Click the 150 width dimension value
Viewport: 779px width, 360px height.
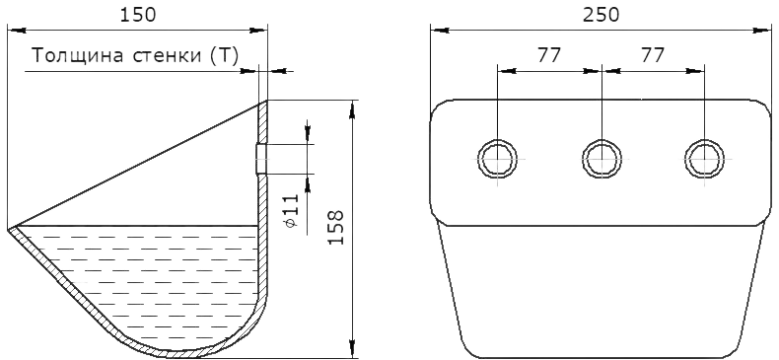(138, 15)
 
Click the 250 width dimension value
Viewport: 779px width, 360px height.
(602, 15)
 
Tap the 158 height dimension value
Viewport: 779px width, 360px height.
(336, 227)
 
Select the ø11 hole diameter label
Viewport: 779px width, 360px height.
(292, 211)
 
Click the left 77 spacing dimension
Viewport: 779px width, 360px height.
(548, 55)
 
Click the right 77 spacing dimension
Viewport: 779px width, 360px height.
(653, 55)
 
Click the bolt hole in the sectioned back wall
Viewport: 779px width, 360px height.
(262, 159)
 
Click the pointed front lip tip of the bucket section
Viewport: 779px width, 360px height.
(9, 229)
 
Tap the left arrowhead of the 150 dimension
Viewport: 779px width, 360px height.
(17, 31)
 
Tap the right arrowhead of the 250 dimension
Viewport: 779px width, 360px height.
(762, 31)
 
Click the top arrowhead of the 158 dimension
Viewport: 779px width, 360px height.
(352, 109)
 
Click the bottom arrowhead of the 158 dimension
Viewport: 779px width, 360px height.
(352, 348)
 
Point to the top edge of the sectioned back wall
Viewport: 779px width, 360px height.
(263, 102)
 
